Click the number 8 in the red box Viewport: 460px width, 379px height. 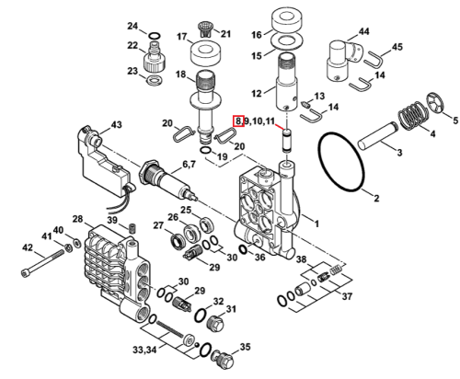point(238,121)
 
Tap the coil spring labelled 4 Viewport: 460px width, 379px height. point(413,117)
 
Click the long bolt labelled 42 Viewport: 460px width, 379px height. point(43,262)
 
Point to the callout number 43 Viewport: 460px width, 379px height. point(116,125)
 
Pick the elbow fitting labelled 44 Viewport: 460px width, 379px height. point(343,61)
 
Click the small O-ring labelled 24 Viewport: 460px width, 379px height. point(154,36)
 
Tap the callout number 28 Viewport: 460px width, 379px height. point(77,219)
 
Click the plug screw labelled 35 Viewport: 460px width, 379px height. point(223,361)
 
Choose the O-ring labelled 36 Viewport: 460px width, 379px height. point(243,249)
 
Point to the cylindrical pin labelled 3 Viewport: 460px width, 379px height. point(377,136)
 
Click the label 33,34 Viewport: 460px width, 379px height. point(144,350)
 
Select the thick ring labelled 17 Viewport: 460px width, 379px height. point(206,52)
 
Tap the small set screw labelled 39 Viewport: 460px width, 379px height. point(132,228)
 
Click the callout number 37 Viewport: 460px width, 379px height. point(347,296)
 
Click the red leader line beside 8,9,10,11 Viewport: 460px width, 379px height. point(279,126)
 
